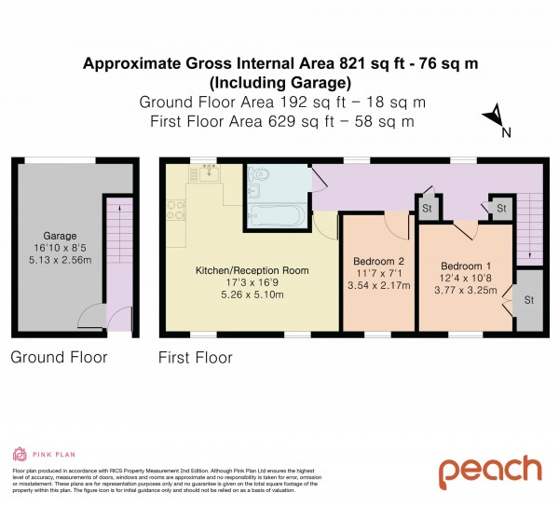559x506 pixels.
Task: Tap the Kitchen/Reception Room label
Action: (x=252, y=270)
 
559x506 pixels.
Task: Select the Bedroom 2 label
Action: (x=378, y=260)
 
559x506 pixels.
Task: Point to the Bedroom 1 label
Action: (x=463, y=266)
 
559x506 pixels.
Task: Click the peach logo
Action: (x=490, y=471)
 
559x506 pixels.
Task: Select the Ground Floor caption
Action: (x=59, y=357)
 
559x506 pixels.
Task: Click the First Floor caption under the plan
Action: (x=195, y=357)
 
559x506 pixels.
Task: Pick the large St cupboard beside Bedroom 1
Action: (x=528, y=300)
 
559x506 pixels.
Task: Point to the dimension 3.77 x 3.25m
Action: (x=463, y=290)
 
